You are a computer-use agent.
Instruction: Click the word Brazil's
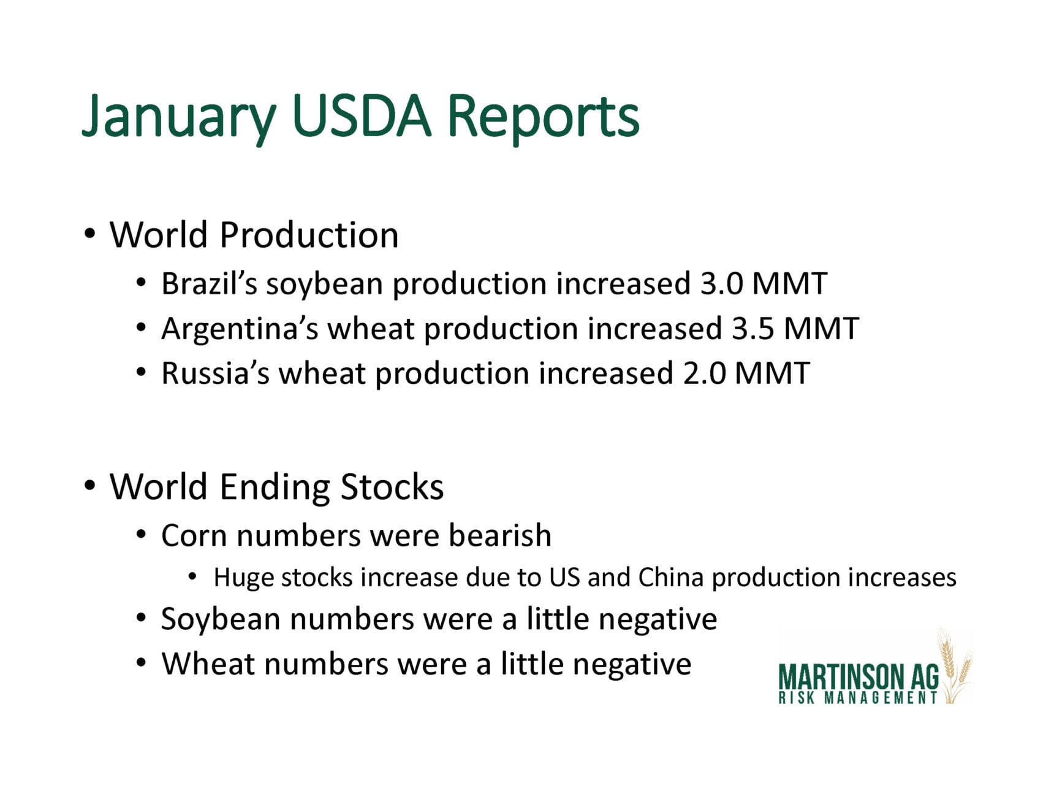(210, 284)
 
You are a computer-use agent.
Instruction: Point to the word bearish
(500, 535)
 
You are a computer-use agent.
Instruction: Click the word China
(670, 578)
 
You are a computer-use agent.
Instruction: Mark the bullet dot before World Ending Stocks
(90, 486)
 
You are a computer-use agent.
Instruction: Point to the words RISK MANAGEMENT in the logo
(858, 698)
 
